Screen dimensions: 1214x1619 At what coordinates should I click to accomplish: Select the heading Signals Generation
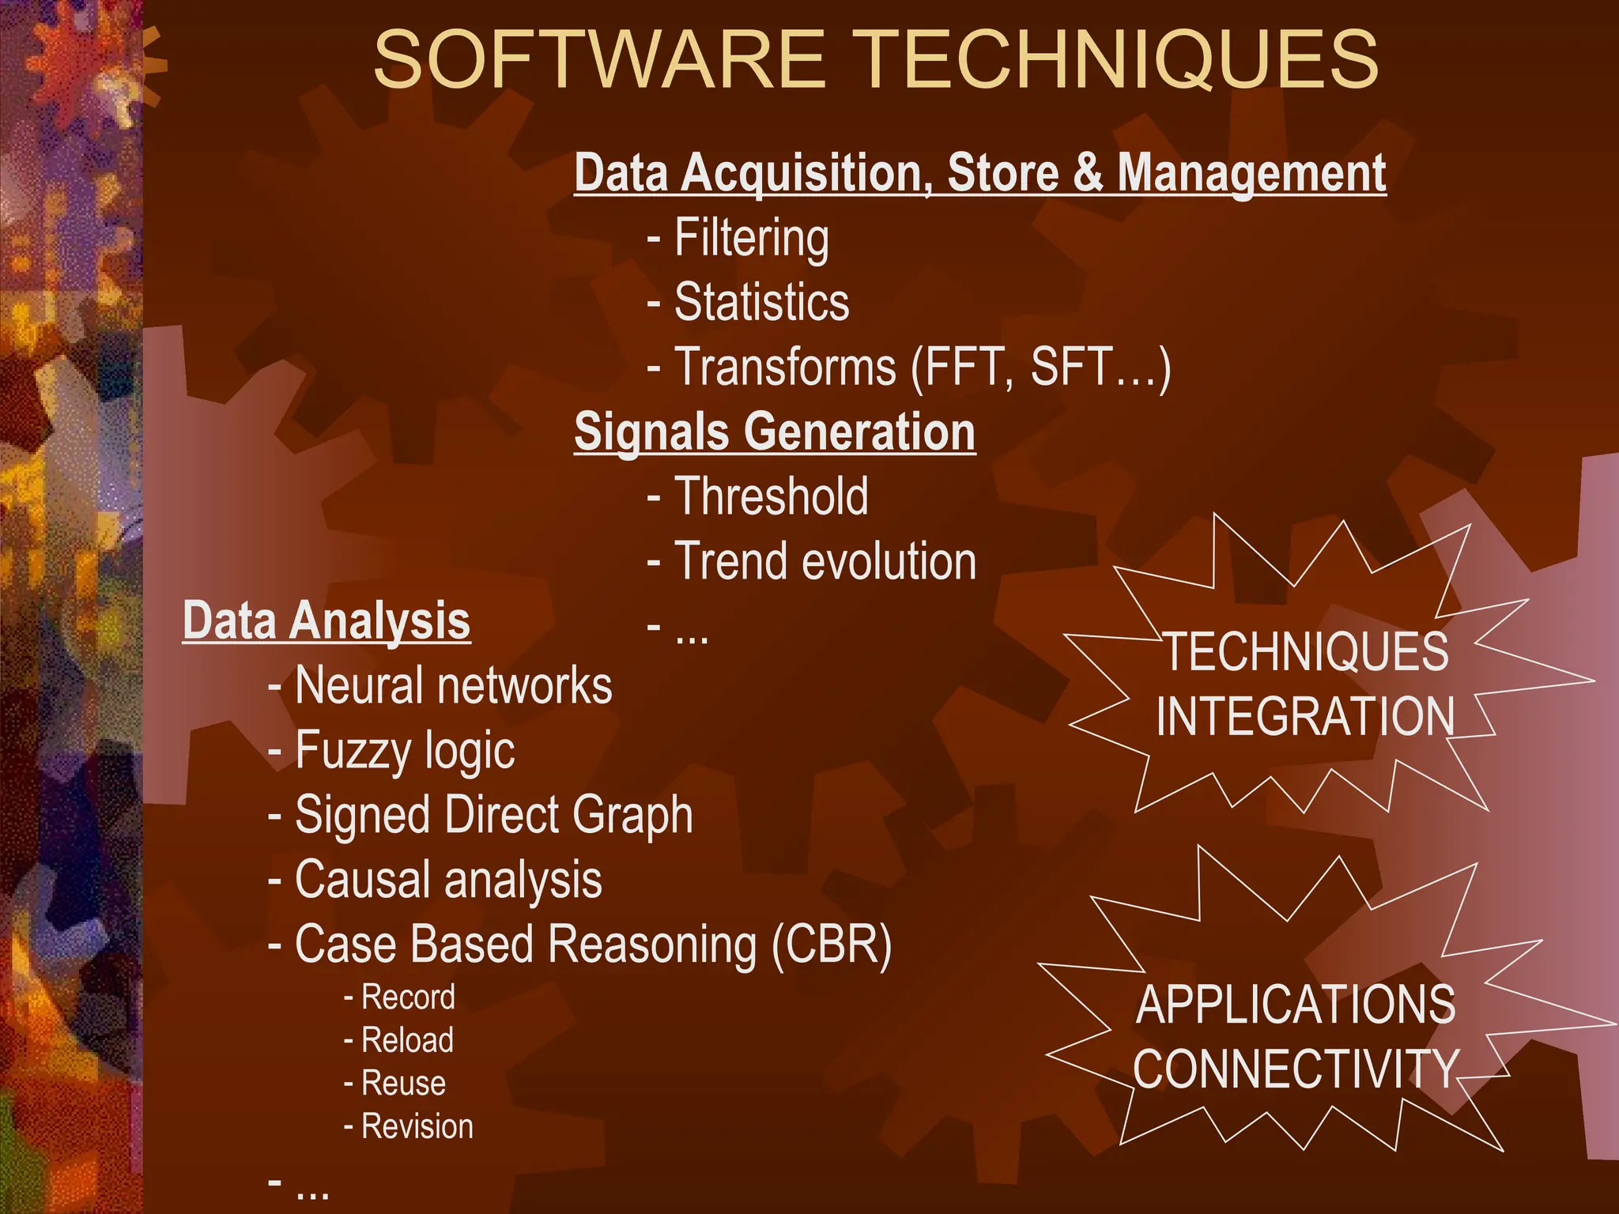coord(775,432)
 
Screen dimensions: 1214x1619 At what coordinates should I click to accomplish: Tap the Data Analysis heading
coord(326,620)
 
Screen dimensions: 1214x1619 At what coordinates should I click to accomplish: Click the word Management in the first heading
coord(1251,172)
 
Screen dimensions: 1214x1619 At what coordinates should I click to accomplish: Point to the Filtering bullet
coord(751,238)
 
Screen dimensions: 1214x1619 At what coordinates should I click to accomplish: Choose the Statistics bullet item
coord(761,302)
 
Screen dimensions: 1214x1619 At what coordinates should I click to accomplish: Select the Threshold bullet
coord(771,496)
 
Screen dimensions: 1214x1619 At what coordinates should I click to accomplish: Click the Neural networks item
coord(453,685)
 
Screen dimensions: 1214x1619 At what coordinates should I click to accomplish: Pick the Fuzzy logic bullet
coord(405,750)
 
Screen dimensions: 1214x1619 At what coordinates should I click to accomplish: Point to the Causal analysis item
coord(448,880)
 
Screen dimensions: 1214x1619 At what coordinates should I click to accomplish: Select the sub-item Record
coord(408,997)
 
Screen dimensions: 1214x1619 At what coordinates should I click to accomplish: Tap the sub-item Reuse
coord(403,1083)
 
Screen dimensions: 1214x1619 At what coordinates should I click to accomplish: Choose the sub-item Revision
coord(417,1126)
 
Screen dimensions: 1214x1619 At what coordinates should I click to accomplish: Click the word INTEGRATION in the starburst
coord(1305,716)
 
